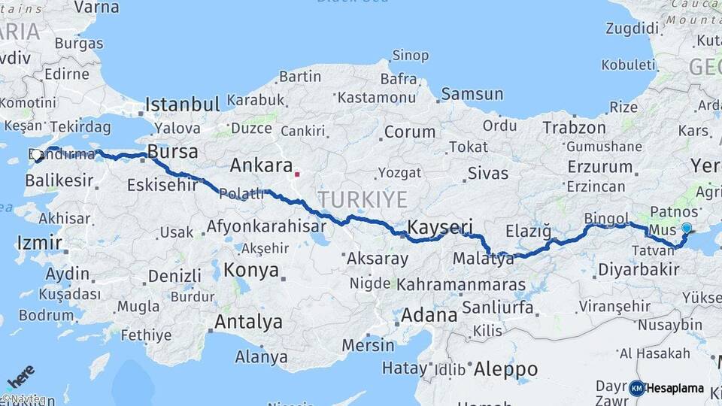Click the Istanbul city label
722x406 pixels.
pyautogui.click(x=182, y=104)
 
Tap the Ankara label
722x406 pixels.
pyautogui.click(x=261, y=165)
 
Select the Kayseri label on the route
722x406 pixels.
pyautogui.click(x=440, y=227)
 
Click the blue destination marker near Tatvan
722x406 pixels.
pyautogui.click(x=686, y=229)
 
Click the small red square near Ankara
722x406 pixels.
pyautogui.click(x=297, y=174)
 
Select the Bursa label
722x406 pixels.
pyautogui.click(x=173, y=152)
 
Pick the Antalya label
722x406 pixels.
pyautogui.click(x=248, y=323)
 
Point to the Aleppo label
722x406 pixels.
pyautogui.click(x=505, y=369)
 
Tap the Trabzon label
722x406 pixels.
pyautogui.click(x=574, y=128)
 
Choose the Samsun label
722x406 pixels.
pyautogui.click(x=472, y=94)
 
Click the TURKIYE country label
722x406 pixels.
pyautogui.click(x=363, y=199)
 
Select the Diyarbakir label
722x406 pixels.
pyautogui.click(x=639, y=270)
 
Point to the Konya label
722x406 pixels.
pyautogui.click(x=251, y=270)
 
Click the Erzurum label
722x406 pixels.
pyautogui.click(x=600, y=166)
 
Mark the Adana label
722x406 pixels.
pyautogui.click(x=429, y=315)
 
